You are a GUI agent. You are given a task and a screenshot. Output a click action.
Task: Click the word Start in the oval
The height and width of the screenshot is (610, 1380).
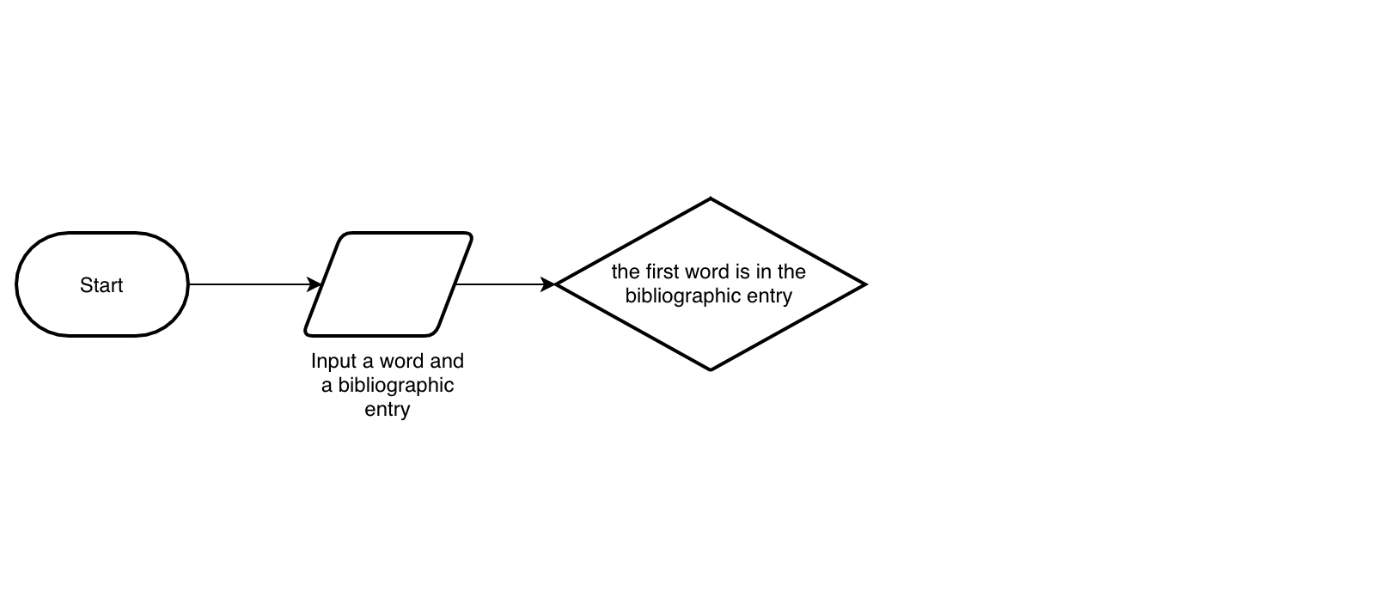pos(101,285)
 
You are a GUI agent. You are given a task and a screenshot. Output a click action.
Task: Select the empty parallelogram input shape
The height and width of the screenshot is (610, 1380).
pos(388,284)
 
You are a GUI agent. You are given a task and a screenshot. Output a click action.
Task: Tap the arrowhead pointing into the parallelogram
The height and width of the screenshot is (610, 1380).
pos(315,284)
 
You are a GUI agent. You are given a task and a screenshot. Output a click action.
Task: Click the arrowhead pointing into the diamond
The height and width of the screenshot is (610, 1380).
pos(548,284)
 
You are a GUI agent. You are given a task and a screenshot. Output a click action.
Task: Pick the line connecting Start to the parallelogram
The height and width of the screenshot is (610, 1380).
pos(249,284)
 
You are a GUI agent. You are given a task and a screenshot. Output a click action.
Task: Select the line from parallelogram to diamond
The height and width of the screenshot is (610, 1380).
pos(503,284)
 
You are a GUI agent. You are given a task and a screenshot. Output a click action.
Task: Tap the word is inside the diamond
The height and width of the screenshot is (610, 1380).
pos(742,271)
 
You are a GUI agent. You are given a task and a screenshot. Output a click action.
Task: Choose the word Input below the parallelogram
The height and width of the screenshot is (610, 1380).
pos(333,361)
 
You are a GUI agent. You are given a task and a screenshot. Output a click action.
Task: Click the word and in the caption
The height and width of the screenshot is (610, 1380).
pos(447,361)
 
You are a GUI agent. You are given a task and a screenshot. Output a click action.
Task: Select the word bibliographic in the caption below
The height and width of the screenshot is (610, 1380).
pos(395,385)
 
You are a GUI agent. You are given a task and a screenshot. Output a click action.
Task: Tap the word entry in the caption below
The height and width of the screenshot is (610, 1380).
pos(388,409)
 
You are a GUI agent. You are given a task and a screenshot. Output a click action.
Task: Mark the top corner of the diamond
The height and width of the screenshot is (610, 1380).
pos(711,199)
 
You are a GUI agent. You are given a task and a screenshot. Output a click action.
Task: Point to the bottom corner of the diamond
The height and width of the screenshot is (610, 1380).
pos(711,369)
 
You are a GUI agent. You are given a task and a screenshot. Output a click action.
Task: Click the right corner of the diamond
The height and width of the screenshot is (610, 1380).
pos(864,284)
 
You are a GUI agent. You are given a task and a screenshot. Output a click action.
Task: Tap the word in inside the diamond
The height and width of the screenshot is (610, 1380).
pos(763,271)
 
